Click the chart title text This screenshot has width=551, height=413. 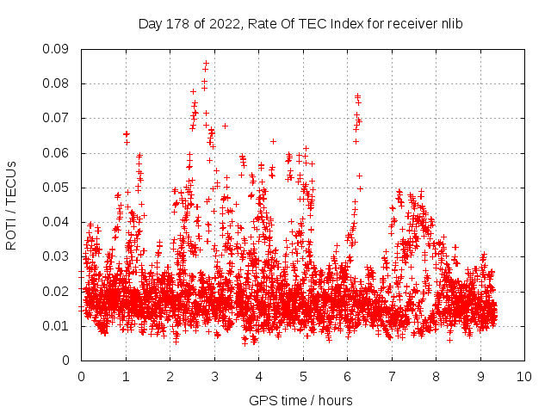pyautogui.click(x=300, y=24)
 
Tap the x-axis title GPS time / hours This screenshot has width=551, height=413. pyautogui.click(x=300, y=400)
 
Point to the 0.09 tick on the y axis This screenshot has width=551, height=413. pyautogui.click(x=58, y=49)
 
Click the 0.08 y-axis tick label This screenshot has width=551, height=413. pyautogui.click(x=58, y=83)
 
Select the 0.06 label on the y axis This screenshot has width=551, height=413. pyautogui.click(x=58, y=153)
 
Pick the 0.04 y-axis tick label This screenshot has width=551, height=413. pyautogui.click(x=58, y=222)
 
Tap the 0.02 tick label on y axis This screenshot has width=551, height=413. pyautogui.click(x=58, y=291)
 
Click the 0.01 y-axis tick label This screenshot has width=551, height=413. pyautogui.click(x=58, y=325)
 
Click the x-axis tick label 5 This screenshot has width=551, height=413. pyautogui.click(x=303, y=376)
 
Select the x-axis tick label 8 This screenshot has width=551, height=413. pyautogui.click(x=436, y=376)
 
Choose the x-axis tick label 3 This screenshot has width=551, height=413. pyautogui.click(x=214, y=376)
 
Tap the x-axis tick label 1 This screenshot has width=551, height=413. pyautogui.click(x=126, y=376)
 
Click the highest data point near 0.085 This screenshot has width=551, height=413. pyautogui.click(x=205, y=65)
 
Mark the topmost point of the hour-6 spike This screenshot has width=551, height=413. pyautogui.click(x=357, y=96)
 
